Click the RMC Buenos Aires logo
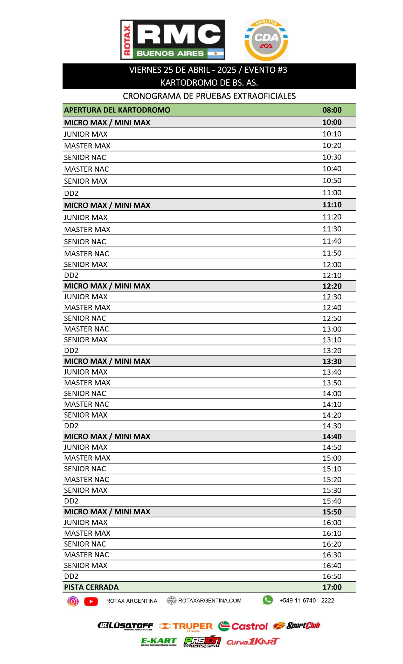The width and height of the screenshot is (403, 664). [x=172, y=40]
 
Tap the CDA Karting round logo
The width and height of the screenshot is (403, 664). [x=266, y=40]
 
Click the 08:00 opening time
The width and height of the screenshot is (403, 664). [x=332, y=110]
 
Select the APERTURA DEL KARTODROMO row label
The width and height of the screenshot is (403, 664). [x=117, y=110]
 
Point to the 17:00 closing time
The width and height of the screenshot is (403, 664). [x=332, y=587]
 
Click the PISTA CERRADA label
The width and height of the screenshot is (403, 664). [x=91, y=587]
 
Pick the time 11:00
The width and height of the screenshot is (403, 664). [x=332, y=193]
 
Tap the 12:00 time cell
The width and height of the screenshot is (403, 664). [x=332, y=265]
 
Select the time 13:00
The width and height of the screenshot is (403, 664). [x=332, y=329]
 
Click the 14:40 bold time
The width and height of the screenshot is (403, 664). [x=332, y=437]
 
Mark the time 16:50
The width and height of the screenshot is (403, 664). [x=332, y=576]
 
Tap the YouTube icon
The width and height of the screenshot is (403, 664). [x=91, y=601]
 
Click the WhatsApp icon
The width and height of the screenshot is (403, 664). [x=267, y=600]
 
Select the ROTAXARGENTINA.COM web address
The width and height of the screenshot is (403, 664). [x=210, y=601]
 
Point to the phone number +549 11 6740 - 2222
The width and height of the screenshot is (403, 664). [x=307, y=600]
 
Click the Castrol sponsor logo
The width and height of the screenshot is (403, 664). [x=243, y=626]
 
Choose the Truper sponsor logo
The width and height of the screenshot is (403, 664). [x=186, y=626]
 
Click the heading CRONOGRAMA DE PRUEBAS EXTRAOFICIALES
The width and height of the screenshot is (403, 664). [x=209, y=96]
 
